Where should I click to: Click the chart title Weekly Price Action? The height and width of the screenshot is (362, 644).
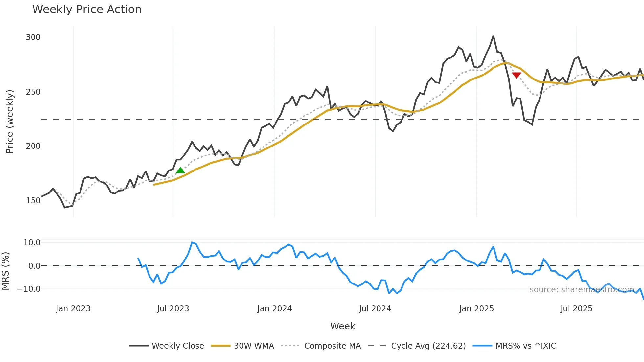(x=87, y=10)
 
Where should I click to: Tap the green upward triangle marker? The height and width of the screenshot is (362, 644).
(x=180, y=170)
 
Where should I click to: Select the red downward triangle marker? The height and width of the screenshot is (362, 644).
(x=517, y=75)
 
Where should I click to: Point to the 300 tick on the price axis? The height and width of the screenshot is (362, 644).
(x=33, y=37)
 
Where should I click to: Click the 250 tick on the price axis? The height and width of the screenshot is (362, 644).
(x=33, y=92)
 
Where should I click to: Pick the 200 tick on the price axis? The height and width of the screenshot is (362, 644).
(x=33, y=146)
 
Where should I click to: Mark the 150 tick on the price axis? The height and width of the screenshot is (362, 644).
(x=33, y=201)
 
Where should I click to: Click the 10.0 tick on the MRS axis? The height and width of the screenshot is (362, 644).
(x=32, y=243)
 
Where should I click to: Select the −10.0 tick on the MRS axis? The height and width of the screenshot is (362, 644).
(x=29, y=289)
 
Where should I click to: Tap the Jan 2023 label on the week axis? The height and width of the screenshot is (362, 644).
(x=73, y=309)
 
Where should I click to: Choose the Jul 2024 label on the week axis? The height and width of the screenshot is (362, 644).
(x=375, y=309)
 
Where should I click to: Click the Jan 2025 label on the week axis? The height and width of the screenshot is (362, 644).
(x=476, y=309)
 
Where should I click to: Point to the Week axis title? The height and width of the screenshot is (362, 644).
(x=342, y=326)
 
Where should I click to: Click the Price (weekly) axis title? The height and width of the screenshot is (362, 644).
(x=10, y=122)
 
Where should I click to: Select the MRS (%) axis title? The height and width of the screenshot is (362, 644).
(x=6, y=271)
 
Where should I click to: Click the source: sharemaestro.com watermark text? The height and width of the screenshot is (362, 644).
(x=582, y=290)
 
